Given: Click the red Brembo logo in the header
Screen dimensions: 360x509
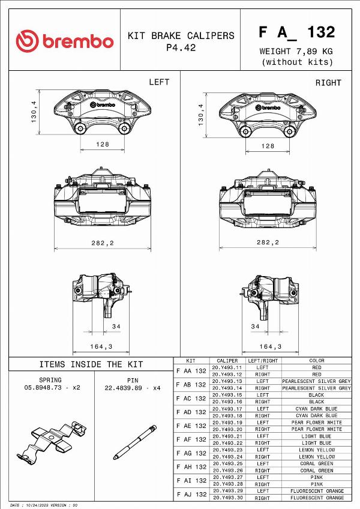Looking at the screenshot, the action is click(65, 41).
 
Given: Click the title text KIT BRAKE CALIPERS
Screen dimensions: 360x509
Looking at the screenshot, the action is click(181, 35).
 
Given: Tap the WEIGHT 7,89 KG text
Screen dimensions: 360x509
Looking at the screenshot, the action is click(296, 51).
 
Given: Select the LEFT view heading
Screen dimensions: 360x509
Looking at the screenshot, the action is click(159, 82).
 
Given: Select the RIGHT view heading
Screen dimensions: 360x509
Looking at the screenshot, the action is click(328, 83).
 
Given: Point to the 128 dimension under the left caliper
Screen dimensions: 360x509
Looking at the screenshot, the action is click(103, 144).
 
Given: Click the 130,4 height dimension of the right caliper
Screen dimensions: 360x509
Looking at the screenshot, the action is click(201, 115).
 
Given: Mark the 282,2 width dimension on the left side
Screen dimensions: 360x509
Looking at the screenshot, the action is click(103, 243).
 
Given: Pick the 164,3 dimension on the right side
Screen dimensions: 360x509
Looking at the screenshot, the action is click(271, 347).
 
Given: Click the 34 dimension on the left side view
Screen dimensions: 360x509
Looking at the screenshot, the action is click(116, 327).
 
